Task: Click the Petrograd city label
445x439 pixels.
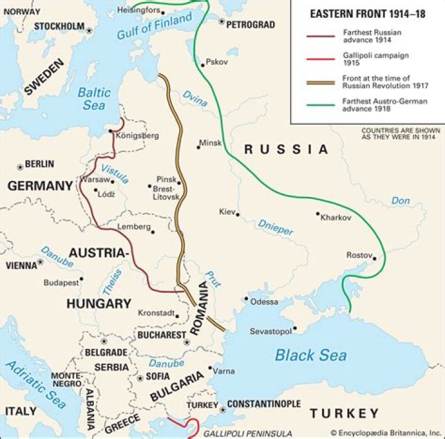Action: [250, 25]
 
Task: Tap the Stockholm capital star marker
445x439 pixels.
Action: [90, 30]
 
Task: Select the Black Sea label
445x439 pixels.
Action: [310, 355]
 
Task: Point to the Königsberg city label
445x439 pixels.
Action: [137, 135]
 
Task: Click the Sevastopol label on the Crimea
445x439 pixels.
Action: [270, 332]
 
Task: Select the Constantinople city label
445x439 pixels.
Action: [263, 404]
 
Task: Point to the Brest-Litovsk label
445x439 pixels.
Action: [166, 192]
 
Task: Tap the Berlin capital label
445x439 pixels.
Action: [40, 164]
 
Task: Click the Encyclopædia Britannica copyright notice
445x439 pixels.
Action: [386, 433]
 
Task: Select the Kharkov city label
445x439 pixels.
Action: [336, 218]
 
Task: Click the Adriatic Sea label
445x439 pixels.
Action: [36, 384]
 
